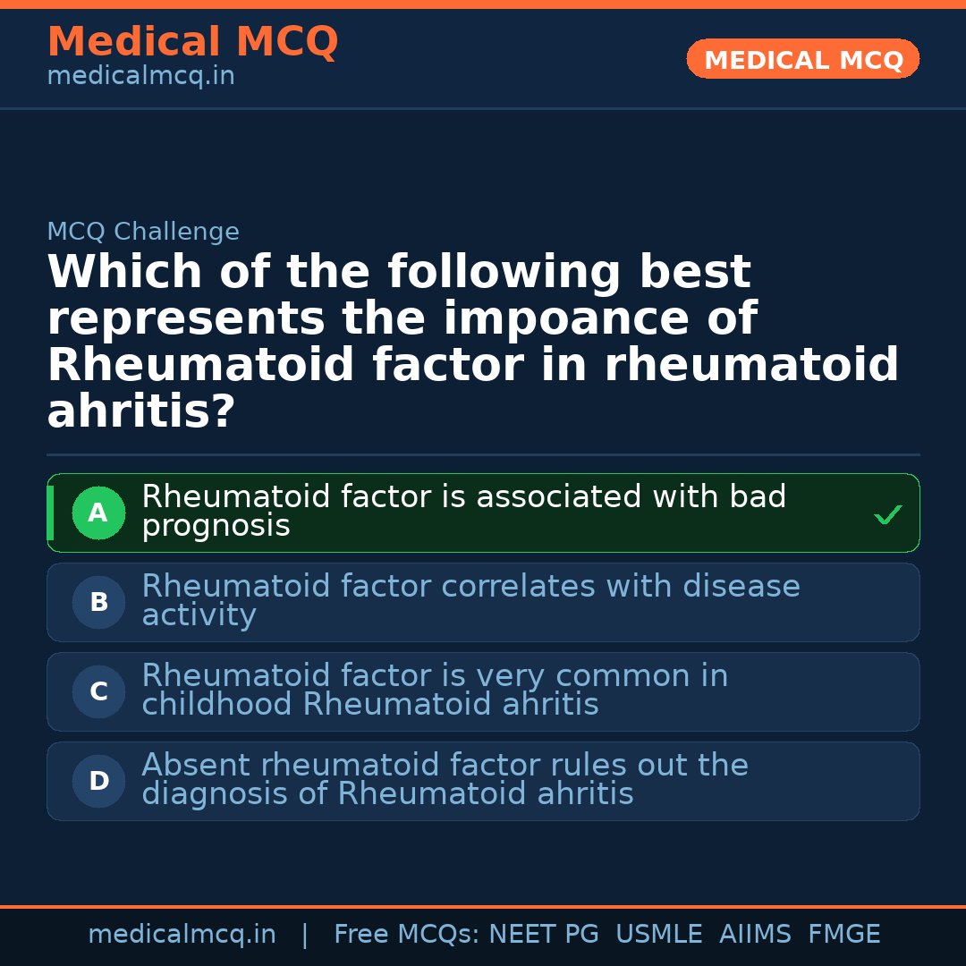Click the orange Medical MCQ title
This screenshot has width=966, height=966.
click(192, 42)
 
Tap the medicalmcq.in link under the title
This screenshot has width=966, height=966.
click(140, 76)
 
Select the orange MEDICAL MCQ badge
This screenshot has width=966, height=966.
click(803, 60)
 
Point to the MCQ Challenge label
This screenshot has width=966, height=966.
click(143, 232)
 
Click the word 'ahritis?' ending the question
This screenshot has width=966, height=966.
click(140, 411)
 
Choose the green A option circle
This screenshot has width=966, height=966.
click(98, 513)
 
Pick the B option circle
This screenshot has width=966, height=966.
click(98, 603)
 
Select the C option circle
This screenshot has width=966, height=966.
click(98, 692)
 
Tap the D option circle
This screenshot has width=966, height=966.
click(98, 782)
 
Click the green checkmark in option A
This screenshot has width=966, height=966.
click(887, 514)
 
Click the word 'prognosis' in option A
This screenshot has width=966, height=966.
click(216, 527)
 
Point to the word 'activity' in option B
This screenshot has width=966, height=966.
click(199, 616)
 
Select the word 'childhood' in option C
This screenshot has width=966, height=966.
click(217, 705)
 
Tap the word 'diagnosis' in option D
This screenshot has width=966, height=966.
click(217, 794)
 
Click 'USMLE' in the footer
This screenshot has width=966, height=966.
click(659, 935)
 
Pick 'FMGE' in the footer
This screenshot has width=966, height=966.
click(844, 935)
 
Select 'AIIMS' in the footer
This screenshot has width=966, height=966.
click(755, 935)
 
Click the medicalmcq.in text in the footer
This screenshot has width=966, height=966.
click(182, 935)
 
